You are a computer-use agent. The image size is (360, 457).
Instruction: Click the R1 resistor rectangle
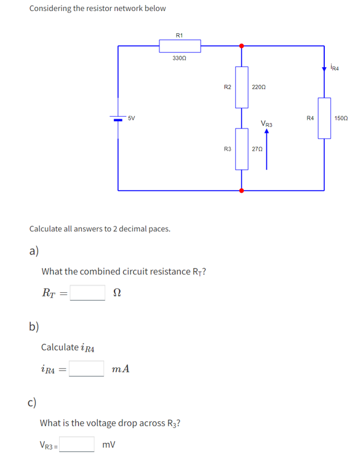pos(180,46)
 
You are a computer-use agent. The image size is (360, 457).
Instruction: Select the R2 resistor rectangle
pos(241,87)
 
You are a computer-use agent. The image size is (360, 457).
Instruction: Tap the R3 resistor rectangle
pos(241,149)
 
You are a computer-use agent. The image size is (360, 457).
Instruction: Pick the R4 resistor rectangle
pos(324,117)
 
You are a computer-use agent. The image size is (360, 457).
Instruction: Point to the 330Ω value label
pos(180,58)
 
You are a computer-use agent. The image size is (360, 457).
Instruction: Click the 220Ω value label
pos(259,87)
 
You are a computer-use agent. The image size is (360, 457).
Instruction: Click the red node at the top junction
pos(241,46)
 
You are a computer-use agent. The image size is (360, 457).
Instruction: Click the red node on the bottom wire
pos(241,191)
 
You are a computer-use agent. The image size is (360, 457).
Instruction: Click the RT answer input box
pos(87,293)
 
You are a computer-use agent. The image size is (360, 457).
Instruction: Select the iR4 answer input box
pos(86,368)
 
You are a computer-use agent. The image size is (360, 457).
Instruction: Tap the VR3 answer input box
pos(77,444)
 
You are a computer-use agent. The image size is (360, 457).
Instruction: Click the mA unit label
pos(121,369)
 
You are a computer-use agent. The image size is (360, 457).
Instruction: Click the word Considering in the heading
pos(51,9)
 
